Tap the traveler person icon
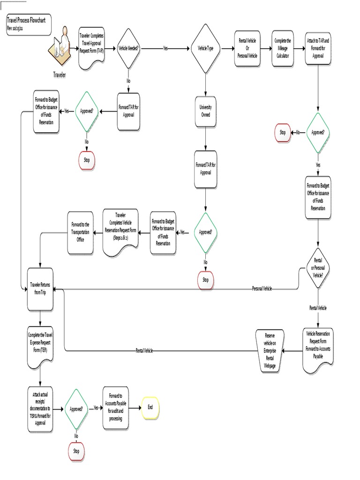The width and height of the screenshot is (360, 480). [60, 47]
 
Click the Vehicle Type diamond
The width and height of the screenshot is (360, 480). [205, 48]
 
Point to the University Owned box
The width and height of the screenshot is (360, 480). [205, 111]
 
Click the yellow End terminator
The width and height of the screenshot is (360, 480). [150, 407]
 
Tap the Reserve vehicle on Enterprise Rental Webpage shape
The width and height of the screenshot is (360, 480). [270, 350]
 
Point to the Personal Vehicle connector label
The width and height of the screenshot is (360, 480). [262, 289]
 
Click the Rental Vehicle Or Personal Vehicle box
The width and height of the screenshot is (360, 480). [247, 48]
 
